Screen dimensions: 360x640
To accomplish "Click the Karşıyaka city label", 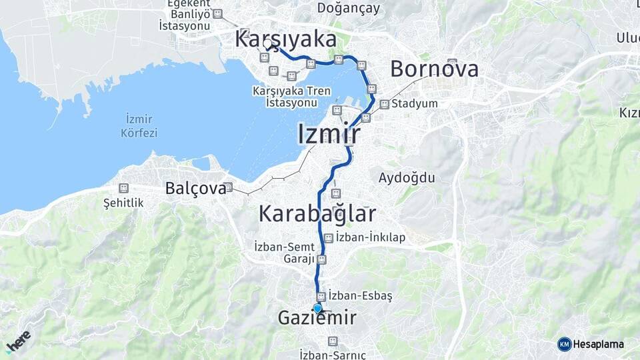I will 285,39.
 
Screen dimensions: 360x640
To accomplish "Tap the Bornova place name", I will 434,69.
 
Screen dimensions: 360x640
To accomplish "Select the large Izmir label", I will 329,134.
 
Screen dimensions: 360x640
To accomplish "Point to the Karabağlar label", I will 317,214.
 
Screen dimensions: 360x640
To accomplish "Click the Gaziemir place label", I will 317,319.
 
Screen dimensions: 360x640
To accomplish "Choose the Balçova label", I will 195,189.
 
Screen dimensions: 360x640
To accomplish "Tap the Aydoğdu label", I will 407,178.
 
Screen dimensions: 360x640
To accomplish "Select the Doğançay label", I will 349,8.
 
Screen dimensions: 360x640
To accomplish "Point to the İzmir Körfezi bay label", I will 139,126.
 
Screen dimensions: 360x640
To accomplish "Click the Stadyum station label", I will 415,104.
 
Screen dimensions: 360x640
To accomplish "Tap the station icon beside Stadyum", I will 385,104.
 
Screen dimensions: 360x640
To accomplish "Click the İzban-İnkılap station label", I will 371,237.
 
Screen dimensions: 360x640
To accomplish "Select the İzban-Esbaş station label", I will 361,295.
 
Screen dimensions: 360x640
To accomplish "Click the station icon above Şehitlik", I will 123,189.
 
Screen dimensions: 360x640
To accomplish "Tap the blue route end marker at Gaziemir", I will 317,308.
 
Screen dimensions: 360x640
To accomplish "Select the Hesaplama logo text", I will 599,344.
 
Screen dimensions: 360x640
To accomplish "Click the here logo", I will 19,341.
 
